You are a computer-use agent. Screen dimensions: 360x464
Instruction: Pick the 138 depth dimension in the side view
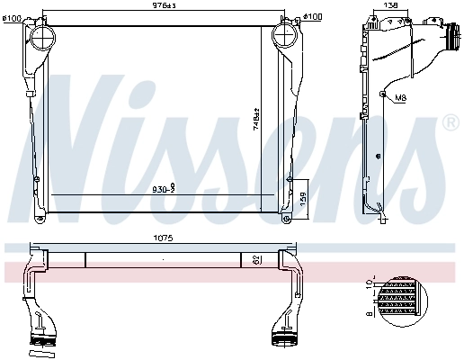click(389, 7)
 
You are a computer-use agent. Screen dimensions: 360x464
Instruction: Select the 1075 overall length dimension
click(162, 239)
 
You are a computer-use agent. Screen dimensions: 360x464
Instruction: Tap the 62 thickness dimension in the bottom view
click(256, 259)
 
